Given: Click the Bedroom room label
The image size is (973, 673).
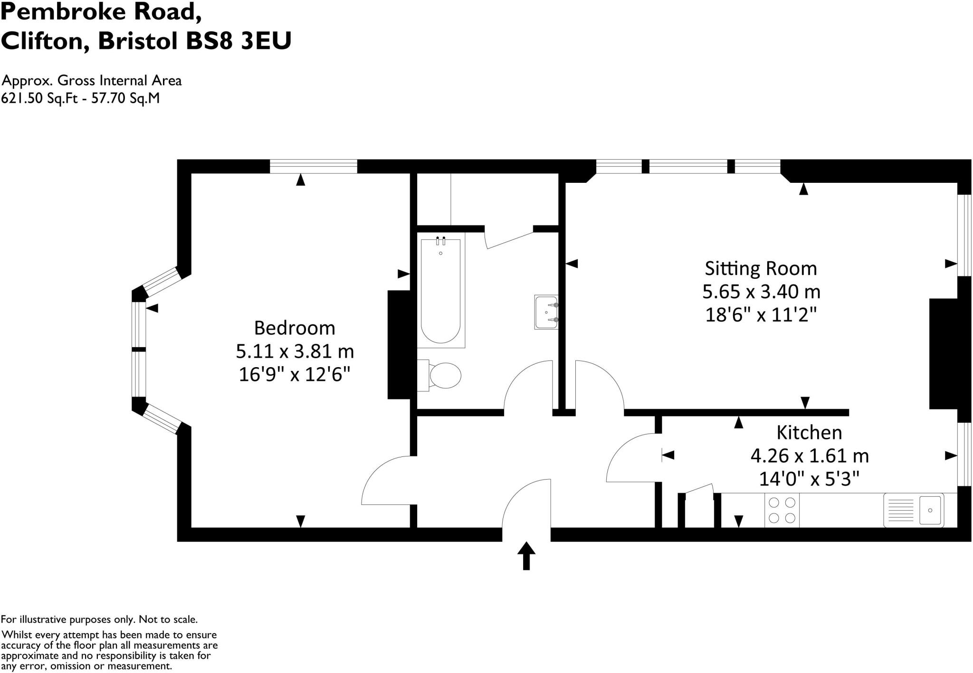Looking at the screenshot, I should coord(295,328).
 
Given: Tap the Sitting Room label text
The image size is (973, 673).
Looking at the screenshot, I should coord(761,269).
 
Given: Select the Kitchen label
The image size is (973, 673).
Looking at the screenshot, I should coord(809,433).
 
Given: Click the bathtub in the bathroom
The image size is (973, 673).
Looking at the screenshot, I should coord(440,291).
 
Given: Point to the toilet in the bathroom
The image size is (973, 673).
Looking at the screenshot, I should coord(442,376).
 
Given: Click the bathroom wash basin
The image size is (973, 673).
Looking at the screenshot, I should coord(546,313).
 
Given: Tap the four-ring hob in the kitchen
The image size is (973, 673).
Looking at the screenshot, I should coord(782,510).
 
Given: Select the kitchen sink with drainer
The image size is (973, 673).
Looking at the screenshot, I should coord(914,510).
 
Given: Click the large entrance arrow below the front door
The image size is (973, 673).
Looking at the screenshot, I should coord(526,555).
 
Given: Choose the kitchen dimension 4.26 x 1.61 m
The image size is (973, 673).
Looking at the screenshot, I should coord(809,456).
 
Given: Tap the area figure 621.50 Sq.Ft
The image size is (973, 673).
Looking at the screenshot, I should coord(39,98).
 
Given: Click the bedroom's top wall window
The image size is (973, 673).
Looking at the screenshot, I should coord(314,167).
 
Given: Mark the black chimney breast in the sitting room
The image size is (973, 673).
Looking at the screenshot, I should coord(943,353).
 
